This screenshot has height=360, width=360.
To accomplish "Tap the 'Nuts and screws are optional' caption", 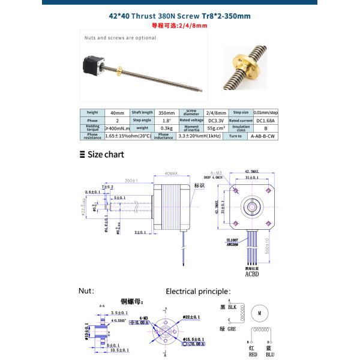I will pyautogui.click(x=120, y=37).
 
